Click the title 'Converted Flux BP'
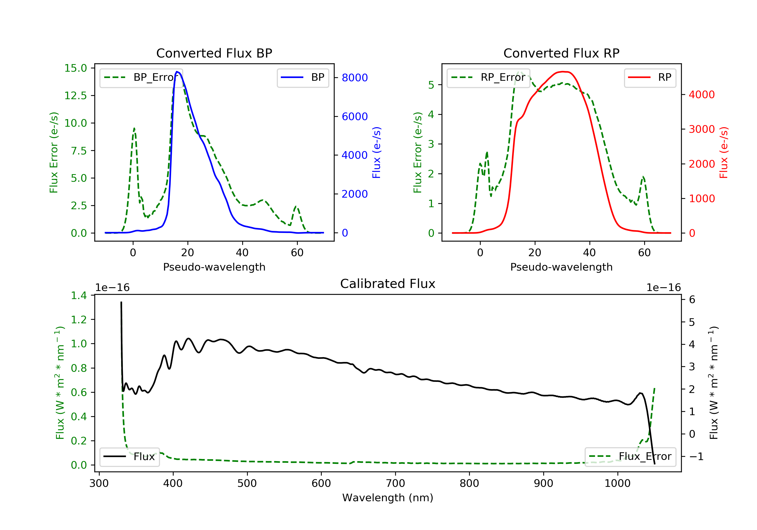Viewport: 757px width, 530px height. (x=214, y=53)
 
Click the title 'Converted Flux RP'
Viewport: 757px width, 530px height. (x=561, y=53)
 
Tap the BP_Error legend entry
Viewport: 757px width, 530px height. (x=141, y=77)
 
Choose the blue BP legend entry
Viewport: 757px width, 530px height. (x=303, y=77)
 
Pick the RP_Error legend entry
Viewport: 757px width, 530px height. (x=488, y=77)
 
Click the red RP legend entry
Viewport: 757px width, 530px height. (x=650, y=77)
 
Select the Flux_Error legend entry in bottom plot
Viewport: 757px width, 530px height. (x=630, y=457)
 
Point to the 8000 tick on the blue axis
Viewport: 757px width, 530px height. (x=355, y=78)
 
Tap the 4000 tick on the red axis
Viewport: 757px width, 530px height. (x=701, y=95)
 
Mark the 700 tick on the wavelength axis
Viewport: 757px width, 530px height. (x=395, y=484)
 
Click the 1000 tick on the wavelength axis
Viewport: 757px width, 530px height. (x=617, y=484)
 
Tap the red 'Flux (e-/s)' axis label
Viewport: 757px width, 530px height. (x=723, y=152)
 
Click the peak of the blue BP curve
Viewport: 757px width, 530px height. (x=177, y=72)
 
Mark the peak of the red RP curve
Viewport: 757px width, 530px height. (x=564, y=72)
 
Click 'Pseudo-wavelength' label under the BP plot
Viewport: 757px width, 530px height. (x=214, y=267)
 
